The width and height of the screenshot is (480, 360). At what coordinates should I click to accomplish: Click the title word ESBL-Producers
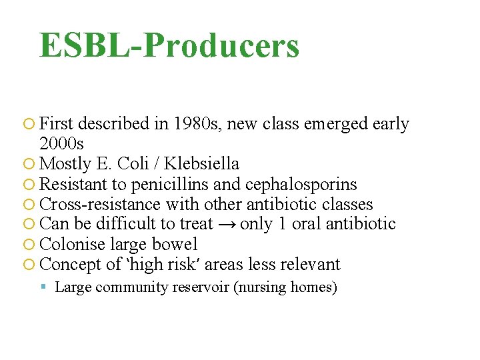click(169, 45)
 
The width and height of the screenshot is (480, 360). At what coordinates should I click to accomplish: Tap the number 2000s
click(62, 144)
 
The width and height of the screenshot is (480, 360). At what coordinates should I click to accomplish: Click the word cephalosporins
click(301, 184)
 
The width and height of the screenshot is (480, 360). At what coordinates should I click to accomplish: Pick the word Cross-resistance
click(101, 204)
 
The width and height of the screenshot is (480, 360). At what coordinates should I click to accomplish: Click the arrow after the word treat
click(227, 225)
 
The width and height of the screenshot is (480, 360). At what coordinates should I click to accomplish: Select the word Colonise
click(71, 244)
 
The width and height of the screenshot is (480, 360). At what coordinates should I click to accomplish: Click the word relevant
click(310, 264)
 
